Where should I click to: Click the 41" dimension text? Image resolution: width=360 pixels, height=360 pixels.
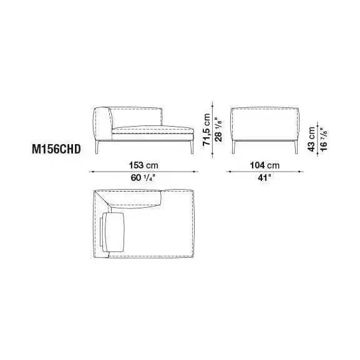[x=265, y=177]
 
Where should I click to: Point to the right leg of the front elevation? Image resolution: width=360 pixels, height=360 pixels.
[x=188, y=147]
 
